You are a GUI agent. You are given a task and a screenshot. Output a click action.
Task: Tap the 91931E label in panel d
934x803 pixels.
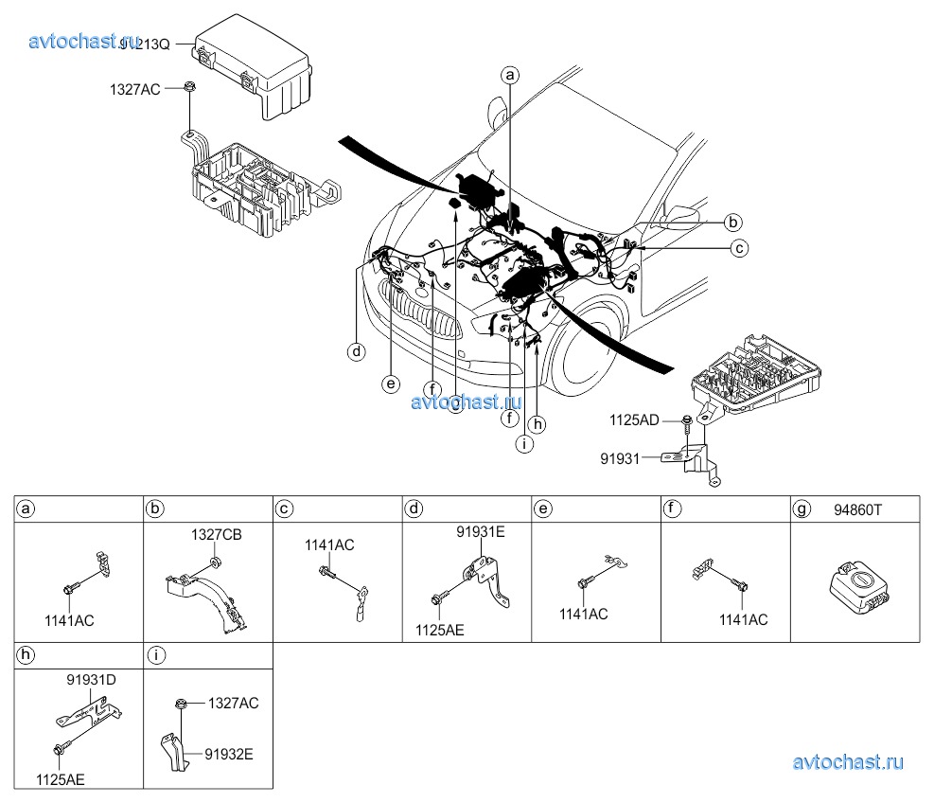point(481,531)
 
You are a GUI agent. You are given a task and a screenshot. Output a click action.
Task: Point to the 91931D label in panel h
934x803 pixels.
point(92,679)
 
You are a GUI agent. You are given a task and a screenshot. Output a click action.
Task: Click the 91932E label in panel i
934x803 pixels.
point(230,754)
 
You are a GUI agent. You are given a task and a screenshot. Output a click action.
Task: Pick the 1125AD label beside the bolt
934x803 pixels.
point(633,419)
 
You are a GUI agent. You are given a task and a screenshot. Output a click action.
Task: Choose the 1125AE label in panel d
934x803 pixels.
point(440,629)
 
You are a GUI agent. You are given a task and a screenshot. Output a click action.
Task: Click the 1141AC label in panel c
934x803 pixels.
point(329,544)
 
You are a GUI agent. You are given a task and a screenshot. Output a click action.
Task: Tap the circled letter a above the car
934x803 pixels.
point(510,74)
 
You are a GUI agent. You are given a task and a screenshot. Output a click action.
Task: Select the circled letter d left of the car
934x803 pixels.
point(356,352)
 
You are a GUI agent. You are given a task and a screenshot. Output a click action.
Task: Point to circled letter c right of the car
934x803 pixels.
point(740,248)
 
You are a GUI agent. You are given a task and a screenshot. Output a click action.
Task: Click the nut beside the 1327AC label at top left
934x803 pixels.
point(190,88)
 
